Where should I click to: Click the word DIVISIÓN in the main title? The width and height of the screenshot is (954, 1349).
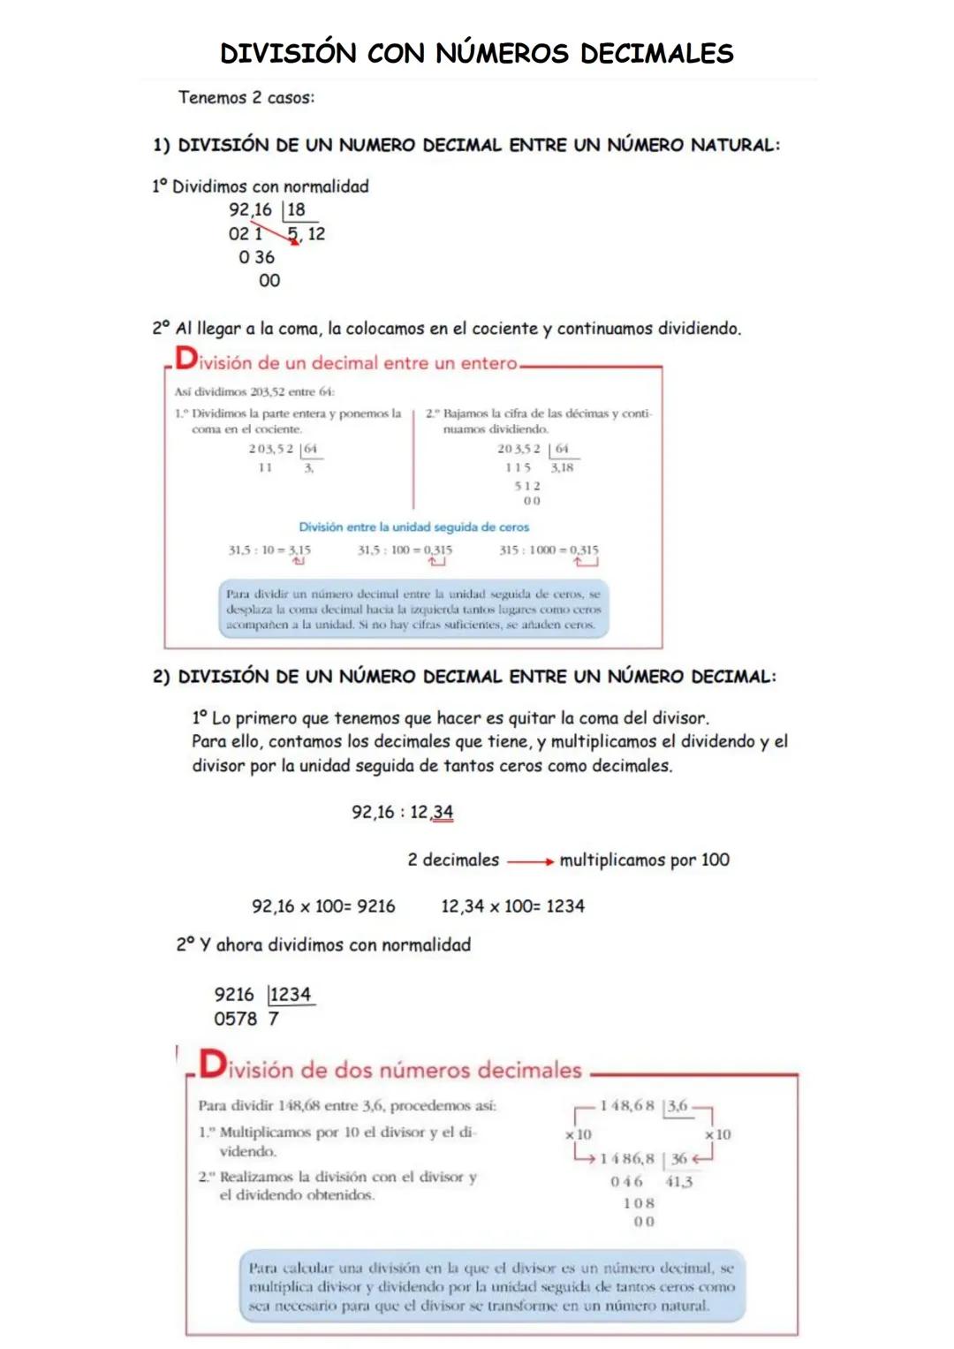point(288,54)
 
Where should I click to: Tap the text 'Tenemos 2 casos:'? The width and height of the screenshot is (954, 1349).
point(246,98)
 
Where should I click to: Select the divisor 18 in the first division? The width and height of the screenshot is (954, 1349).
point(296,210)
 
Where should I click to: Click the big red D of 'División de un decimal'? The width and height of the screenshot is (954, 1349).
point(186,359)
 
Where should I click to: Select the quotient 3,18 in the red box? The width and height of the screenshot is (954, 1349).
point(562,467)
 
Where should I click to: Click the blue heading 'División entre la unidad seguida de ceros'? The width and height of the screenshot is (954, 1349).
point(413,527)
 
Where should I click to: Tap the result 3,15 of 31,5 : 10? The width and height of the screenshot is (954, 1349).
point(299,549)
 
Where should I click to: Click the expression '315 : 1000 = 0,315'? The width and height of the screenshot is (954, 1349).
point(548,549)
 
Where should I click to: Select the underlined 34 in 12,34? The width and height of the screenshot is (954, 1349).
point(443,812)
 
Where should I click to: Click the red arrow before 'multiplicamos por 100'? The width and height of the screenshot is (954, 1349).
point(530,861)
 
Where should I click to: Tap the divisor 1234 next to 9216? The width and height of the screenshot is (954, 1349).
point(291,995)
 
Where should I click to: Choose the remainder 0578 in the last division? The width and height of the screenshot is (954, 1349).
point(235,1019)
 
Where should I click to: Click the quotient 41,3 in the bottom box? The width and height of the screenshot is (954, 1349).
point(678,1182)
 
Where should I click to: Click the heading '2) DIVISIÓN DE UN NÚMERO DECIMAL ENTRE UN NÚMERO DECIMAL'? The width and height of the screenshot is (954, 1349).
point(465,678)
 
